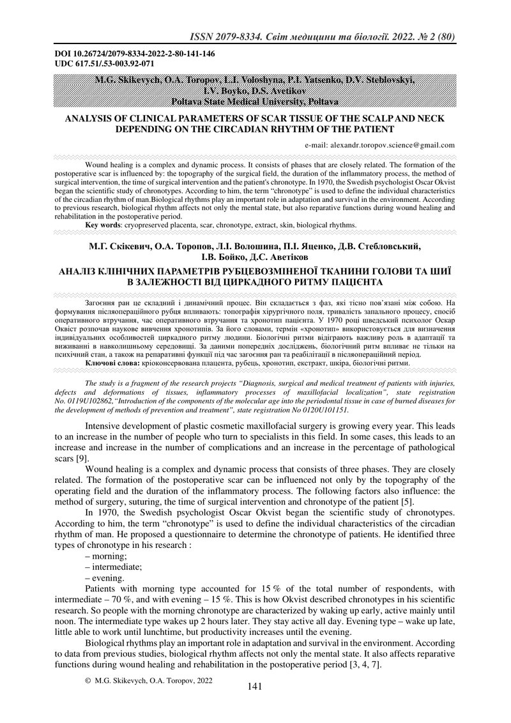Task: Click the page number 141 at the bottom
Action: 255,687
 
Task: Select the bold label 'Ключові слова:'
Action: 112,363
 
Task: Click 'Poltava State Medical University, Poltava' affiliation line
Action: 255,101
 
